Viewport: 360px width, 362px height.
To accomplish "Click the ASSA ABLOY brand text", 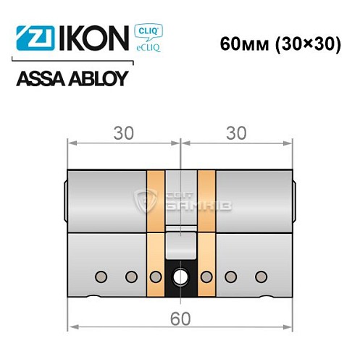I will (72, 77).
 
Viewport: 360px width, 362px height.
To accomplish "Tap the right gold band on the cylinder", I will (206, 232).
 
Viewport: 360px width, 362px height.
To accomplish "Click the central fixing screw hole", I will (180, 277).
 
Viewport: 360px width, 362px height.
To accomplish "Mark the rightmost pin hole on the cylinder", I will (259, 277).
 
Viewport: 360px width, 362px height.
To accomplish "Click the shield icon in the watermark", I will (146, 201).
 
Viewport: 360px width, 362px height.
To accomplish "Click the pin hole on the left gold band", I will (155, 277).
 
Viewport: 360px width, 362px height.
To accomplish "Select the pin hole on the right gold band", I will (206, 277).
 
